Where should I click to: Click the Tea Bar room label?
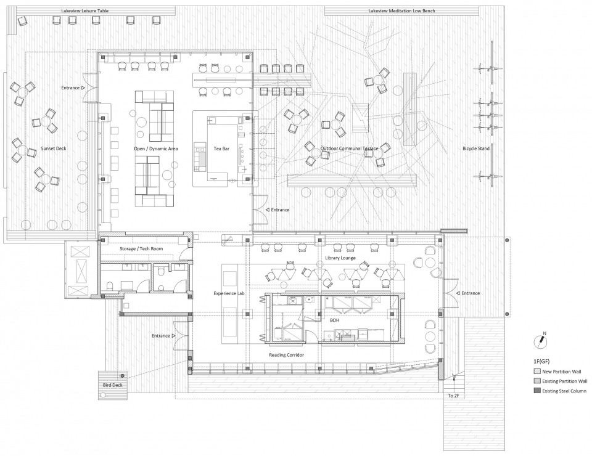221,149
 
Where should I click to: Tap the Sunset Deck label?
54,149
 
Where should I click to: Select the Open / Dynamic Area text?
156,149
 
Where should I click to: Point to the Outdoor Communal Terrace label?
349,149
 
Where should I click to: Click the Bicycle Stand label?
476,149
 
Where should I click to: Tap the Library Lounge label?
340,258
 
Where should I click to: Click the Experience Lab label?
230,293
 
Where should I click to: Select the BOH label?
334,320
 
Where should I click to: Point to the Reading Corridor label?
287,355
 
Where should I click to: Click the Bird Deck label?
113,385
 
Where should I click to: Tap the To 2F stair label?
453,396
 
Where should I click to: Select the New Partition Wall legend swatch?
537,372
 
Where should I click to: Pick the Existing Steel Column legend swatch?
537,391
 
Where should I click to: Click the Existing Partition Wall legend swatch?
537,381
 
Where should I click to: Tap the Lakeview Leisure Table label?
85,10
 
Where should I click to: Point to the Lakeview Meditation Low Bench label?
401,10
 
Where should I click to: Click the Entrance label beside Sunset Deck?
70,88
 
